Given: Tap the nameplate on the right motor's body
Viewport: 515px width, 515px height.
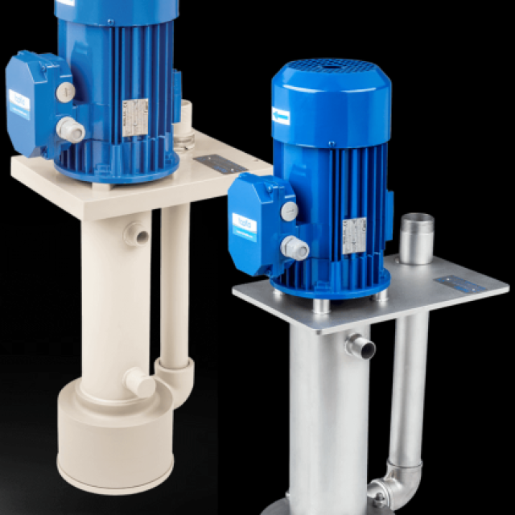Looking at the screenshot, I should pos(354,235).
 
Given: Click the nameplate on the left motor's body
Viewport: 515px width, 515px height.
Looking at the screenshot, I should pos(134,116).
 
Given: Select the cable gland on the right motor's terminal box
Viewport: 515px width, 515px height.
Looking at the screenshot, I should pos(294,248).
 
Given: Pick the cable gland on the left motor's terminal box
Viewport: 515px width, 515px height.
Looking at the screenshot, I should pos(72,129).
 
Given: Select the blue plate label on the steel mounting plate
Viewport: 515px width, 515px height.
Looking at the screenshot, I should pos(459,284).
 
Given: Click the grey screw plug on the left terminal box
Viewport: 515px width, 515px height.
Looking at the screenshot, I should pos(66,92).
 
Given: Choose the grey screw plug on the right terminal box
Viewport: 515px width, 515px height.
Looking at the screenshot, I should pos(288,211).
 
